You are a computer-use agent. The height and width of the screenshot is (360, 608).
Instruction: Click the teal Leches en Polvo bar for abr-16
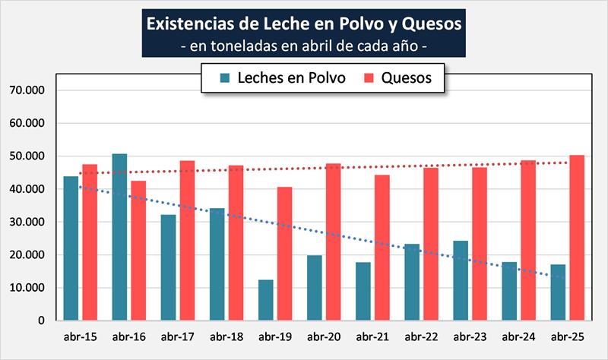[x=119, y=237]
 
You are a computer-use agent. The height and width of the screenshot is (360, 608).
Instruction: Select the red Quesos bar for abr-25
[x=577, y=238]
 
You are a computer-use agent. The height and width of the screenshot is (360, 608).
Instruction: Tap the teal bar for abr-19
[x=265, y=300]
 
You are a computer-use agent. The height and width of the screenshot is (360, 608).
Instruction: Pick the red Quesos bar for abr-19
[x=284, y=254]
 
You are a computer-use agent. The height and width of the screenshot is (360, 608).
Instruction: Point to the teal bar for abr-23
[x=461, y=280]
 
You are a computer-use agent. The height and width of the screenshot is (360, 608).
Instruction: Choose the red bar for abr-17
[x=187, y=241]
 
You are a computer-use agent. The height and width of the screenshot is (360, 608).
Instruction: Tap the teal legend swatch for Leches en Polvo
[x=224, y=78]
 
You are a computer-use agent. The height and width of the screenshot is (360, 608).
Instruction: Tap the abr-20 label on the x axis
[x=324, y=336]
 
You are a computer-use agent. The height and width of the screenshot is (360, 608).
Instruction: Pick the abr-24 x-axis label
[x=518, y=336]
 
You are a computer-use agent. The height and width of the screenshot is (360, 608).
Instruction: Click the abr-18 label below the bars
[x=226, y=336]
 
